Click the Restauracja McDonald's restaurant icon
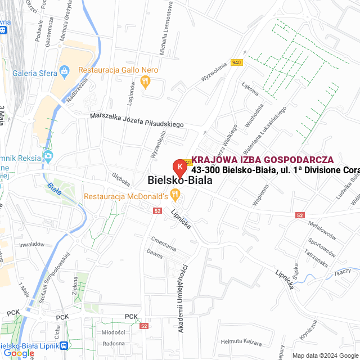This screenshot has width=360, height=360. [x=175, y=196]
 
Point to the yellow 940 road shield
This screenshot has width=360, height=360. [x=236, y=62]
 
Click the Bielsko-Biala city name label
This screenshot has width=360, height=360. [x=179, y=181]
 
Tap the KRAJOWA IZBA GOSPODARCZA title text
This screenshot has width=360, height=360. [x=262, y=160]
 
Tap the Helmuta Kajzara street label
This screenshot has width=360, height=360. [x=241, y=342]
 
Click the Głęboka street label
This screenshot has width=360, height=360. [x=120, y=179]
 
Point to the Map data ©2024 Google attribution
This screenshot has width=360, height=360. [x=325, y=355]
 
